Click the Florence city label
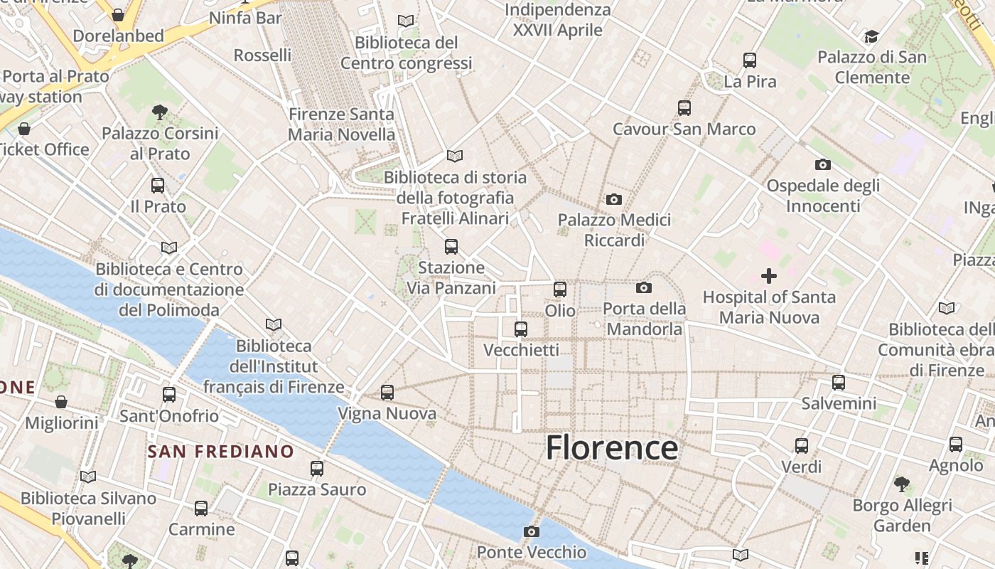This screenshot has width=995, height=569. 611,447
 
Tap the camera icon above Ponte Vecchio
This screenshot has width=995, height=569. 531,531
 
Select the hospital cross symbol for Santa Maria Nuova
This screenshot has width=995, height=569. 768,275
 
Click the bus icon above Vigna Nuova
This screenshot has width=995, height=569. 387,392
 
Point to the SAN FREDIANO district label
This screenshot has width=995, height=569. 220,451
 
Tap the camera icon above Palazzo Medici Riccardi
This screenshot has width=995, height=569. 614,199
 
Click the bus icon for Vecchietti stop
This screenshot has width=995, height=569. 521,329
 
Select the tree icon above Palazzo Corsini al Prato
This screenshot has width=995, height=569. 159,112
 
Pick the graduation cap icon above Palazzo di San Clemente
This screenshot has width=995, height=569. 871,36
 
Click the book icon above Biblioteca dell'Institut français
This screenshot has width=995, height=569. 274,324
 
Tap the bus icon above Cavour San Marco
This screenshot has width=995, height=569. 684,107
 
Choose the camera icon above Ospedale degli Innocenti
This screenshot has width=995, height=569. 822,164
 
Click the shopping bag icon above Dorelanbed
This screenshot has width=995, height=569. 118,14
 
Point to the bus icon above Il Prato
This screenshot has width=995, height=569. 158,186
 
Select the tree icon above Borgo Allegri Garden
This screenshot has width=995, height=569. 902,484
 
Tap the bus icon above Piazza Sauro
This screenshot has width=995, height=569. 317,468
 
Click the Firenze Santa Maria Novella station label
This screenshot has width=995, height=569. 341,124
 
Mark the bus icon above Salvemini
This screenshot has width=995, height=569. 839,382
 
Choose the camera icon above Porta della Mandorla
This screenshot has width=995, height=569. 644,287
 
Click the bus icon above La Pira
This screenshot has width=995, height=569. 750,60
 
